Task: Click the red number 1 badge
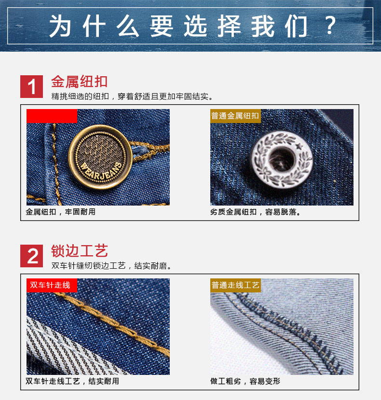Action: click(x=32, y=86)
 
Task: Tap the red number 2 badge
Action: click(x=32, y=256)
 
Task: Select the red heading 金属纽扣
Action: click(x=79, y=81)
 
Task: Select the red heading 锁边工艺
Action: click(x=79, y=250)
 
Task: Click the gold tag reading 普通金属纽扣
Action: click(x=235, y=116)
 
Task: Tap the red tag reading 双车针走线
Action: click(x=50, y=285)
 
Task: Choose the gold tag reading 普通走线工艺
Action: click(x=235, y=285)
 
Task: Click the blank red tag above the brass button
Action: click(x=52, y=116)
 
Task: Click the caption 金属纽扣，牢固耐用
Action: click(x=61, y=212)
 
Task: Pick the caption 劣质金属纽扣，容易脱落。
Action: click(x=256, y=212)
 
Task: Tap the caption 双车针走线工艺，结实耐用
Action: click(x=72, y=381)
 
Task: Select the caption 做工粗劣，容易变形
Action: click(x=245, y=381)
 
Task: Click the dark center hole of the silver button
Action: click(x=279, y=160)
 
